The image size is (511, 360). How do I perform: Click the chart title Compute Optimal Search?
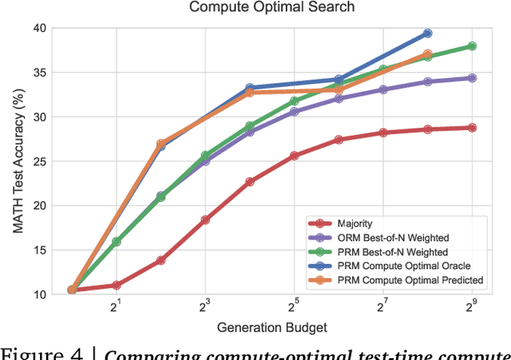271,9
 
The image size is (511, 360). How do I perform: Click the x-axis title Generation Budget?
271,327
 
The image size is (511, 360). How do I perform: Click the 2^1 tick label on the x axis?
116,306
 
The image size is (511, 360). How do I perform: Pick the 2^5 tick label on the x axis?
294,306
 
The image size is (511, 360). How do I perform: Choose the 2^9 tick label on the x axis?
471,306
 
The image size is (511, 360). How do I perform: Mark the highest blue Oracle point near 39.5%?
427,34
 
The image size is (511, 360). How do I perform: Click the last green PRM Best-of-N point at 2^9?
472,46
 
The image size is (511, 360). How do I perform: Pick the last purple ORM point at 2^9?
472,78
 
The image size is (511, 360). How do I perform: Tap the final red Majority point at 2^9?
472,128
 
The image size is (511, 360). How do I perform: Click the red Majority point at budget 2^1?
116,285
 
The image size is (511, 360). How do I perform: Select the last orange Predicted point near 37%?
427,54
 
